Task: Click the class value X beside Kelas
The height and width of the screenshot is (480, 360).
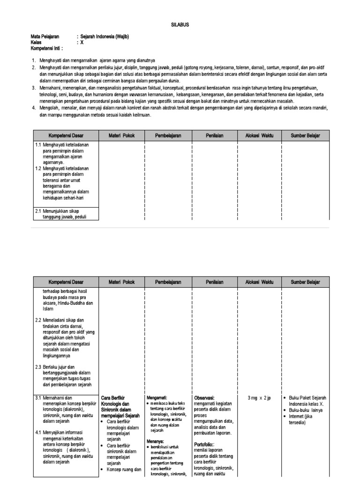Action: point(82,42)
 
